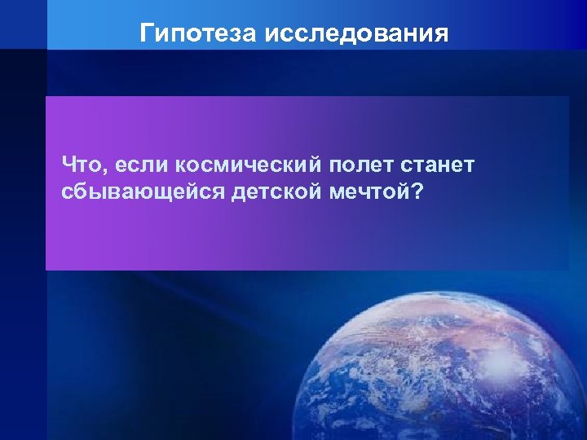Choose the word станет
point(437,166)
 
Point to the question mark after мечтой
point(419,193)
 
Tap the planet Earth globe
point(440,375)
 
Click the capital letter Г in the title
point(148,33)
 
